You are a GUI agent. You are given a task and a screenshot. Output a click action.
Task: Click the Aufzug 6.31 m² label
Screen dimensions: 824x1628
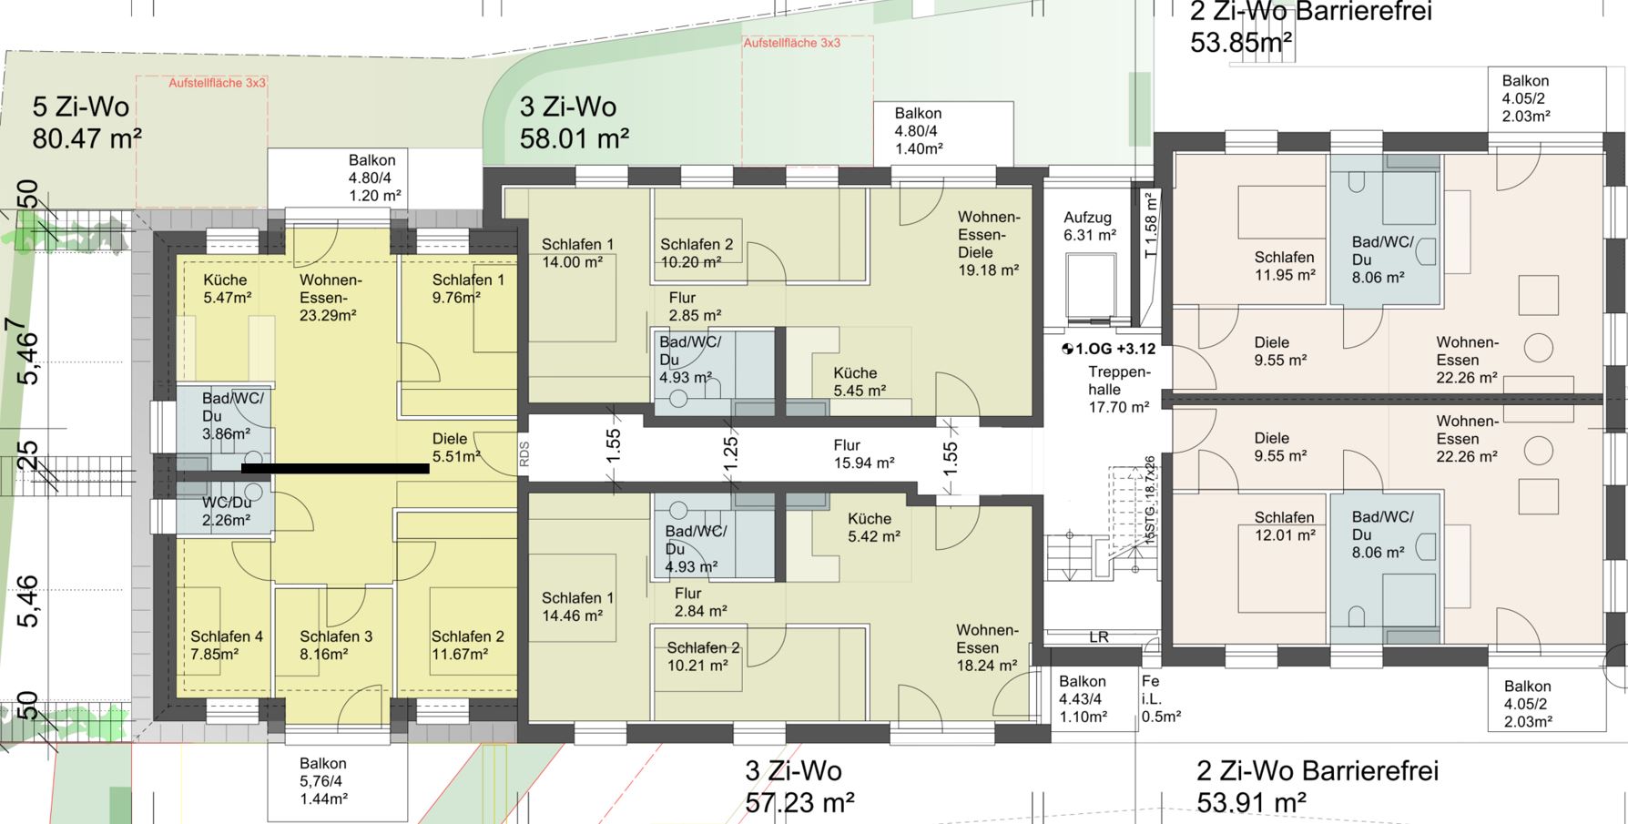pyautogui.click(x=1090, y=226)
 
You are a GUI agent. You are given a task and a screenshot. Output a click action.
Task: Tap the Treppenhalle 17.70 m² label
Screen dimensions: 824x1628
pyautogui.click(x=1119, y=390)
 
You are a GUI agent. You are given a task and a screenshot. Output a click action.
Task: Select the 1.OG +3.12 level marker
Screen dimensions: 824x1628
pyautogui.click(x=1108, y=349)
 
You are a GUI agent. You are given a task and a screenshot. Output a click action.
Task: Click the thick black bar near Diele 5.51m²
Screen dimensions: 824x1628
pyautogui.click(x=335, y=469)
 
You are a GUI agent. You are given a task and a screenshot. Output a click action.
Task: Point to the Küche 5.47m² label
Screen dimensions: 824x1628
pyautogui.click(x=227, y=289)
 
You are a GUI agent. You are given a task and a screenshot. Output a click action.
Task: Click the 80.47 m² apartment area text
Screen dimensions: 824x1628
pyautogui.click(x=86, y=139)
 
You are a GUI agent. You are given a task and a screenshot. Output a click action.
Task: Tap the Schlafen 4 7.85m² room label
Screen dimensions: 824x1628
pyautogui.click(x=226, y=645)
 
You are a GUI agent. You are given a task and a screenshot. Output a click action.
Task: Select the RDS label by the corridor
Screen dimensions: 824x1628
pyautogui.click(x=524, y=453)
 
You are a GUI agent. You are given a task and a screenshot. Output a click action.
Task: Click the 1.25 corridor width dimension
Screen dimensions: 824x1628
pyautogui.click(x=730, y=453)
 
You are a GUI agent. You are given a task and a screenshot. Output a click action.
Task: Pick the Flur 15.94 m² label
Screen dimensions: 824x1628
pyautogui.click(x=863, y=453)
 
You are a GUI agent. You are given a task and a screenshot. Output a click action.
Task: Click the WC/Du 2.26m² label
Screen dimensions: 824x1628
pyautogui.click(x=226, y=511)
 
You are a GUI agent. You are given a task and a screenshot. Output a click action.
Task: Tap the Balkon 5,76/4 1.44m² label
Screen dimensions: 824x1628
pyautogui.click(x=323, y=781)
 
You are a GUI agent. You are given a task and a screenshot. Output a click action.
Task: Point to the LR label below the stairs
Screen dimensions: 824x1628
pyautogui.click(x=1098, y=637)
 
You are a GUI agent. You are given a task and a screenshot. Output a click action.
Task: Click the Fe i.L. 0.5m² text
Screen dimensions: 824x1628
pyautogui.click(x=1160, y=698)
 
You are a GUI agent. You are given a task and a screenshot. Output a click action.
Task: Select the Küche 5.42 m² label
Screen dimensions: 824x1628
pyautogui.click(x=873, y=527)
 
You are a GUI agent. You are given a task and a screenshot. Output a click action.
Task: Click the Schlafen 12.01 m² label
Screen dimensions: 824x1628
pyautogui.click(x=1284, y=526)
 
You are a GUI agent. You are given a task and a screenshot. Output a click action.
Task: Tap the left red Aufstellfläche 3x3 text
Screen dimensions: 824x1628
pyautogui.click(x=217, y=83)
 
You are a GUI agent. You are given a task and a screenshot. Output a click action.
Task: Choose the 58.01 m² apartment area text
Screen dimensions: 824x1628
pyautogui.click(x=575, y=139)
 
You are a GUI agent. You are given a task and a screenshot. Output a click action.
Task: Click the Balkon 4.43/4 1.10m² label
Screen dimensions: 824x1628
pyautogui.click(x=1083, y=698)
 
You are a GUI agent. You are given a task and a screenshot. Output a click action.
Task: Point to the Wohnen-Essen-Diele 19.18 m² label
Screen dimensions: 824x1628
pyautogui.click(x=988, y=243)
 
